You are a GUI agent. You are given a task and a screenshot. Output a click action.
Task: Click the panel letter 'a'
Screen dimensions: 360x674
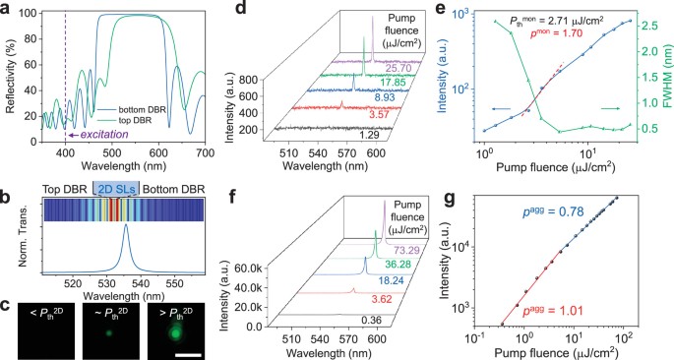click(x=7, y=8)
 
